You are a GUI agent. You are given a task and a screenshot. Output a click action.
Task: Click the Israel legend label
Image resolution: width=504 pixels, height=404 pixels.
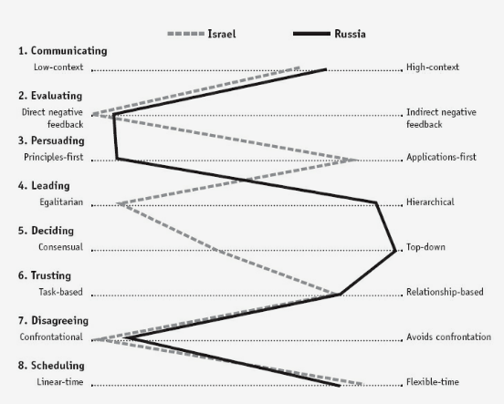click(x=222, y=34)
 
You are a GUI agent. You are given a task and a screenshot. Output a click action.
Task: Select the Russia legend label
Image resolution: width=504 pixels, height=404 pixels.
click(x=350, y=34)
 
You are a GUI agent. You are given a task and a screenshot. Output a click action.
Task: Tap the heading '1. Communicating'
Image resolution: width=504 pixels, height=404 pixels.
click(x=63, y=51)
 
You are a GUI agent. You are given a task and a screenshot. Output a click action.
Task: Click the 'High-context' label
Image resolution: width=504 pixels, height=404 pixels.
click(x=433, y=67)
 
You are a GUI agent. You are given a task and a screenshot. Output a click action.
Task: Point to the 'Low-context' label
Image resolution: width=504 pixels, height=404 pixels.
click(x=58, y=67)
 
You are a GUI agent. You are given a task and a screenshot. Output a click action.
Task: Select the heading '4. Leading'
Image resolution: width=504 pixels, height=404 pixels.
click(x=44, y=186)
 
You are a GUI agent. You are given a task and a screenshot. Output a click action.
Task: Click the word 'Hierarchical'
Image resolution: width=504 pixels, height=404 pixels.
click(x=430, y=202)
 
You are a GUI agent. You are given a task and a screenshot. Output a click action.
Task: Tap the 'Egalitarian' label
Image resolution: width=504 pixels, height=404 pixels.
click(x=61, y=202)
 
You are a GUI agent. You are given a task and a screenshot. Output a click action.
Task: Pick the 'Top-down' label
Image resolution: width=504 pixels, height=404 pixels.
click(x=425, y=247)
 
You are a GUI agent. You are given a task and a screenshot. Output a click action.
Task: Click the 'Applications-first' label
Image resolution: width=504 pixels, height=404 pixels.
click(x=441, y=158)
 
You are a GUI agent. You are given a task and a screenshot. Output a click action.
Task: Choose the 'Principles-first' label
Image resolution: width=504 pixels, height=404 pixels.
click(x=54, y=158)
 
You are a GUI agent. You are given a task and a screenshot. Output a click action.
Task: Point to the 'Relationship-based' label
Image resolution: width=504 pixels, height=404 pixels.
click(x=445, y=292)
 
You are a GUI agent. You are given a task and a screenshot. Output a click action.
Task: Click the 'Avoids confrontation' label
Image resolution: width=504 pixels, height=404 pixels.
click(x=448, y=337)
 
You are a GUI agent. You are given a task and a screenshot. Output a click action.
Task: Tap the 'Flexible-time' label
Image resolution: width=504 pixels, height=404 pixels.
click(x=433, y=382)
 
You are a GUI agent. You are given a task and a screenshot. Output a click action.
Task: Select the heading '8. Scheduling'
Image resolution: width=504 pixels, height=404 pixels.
click(x=51, y=366)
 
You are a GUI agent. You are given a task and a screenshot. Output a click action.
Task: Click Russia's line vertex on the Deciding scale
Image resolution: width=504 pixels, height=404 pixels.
click(x=395, y=251)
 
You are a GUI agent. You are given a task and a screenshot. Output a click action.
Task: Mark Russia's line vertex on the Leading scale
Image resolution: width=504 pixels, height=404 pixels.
click(x=376, y=203)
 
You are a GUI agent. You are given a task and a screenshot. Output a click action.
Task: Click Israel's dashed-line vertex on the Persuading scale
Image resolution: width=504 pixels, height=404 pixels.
click(x=356, y=160)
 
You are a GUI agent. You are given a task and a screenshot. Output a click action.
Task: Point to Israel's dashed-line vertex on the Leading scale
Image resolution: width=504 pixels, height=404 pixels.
click(x=118, y=204)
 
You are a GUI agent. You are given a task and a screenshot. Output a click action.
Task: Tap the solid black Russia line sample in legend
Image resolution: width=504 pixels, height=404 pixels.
click(x=311, y=34)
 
